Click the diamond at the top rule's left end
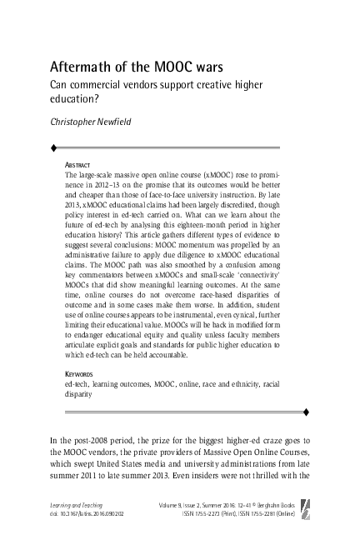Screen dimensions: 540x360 click(x=53, y=147)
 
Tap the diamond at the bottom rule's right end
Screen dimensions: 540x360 click(x=307, y=412)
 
